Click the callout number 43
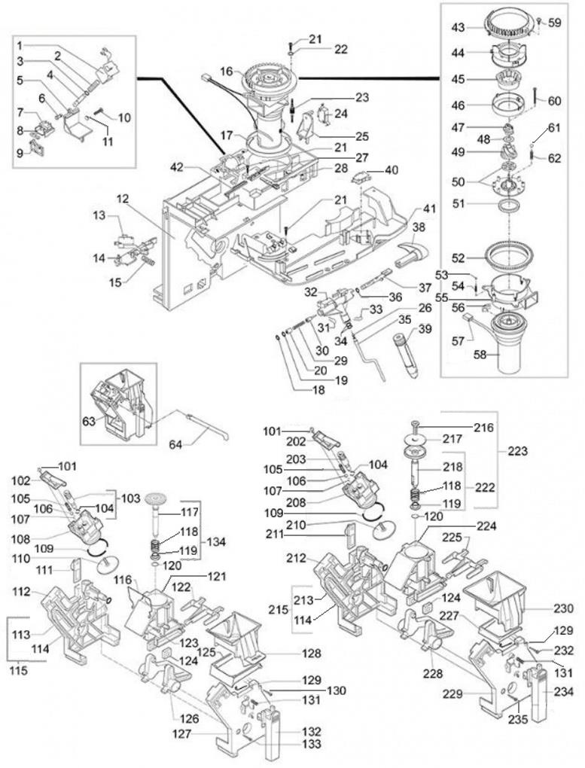(x=458, y=28)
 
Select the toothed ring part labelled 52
(x=508, y=256)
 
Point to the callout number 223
(x=517, y=450)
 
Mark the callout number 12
(x=123, y=200)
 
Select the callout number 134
(x=216, y=541)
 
